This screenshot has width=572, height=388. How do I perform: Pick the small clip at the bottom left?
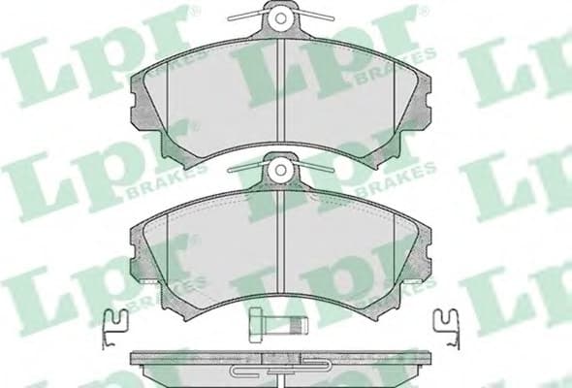[114, 324]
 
